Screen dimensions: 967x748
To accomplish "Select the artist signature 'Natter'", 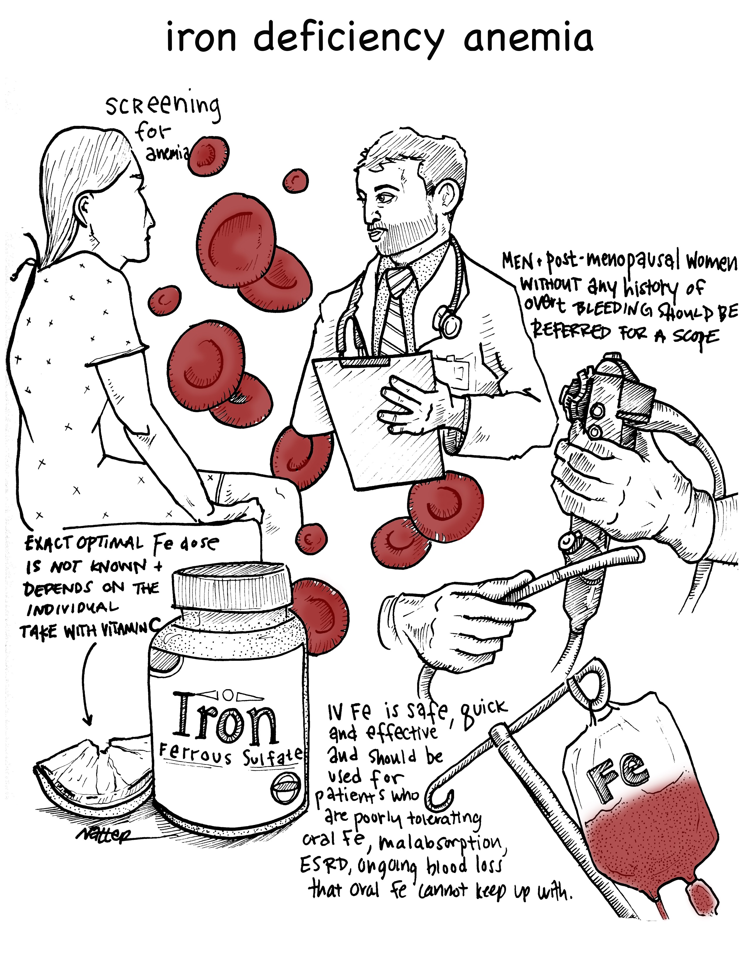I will click(104, 835).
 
